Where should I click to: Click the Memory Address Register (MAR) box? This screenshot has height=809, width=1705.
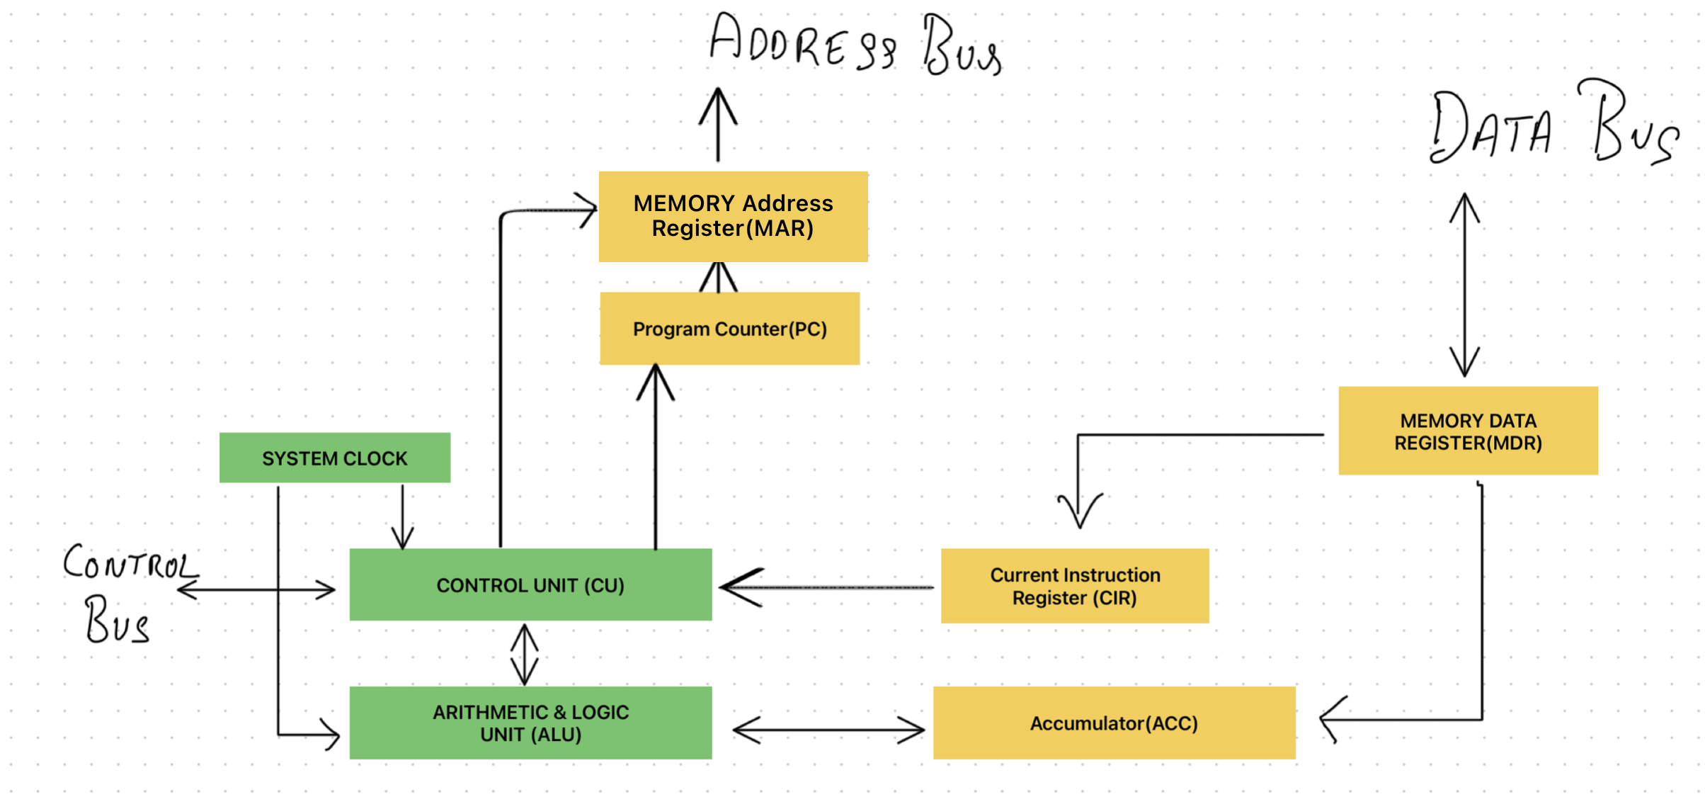[733, 216]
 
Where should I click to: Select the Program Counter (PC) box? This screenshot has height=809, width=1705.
[729, 329]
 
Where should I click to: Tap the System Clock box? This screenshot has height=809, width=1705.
[334, 458]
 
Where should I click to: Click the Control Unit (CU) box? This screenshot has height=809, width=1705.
[530, 584]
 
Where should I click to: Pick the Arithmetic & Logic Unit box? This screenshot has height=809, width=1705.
[530, 723]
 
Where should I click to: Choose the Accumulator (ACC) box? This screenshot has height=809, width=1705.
[1114, 723]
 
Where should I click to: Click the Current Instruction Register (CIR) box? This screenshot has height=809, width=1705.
[1074, 585]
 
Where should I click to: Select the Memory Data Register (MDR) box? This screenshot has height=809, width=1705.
[1468, 431]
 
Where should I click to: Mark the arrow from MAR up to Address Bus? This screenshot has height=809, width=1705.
[718, 124]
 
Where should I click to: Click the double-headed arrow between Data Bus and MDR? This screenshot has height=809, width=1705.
[1464, 283]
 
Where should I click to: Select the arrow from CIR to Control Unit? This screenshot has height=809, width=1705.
[825, 587]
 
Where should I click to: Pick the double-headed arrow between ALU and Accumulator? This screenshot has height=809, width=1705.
[828, 729]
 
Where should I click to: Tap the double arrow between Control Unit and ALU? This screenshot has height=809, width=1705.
[524, 654]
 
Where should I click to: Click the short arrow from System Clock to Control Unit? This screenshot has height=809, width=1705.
[402, 517]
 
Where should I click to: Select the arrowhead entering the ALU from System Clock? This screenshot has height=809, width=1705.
[329, 735]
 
